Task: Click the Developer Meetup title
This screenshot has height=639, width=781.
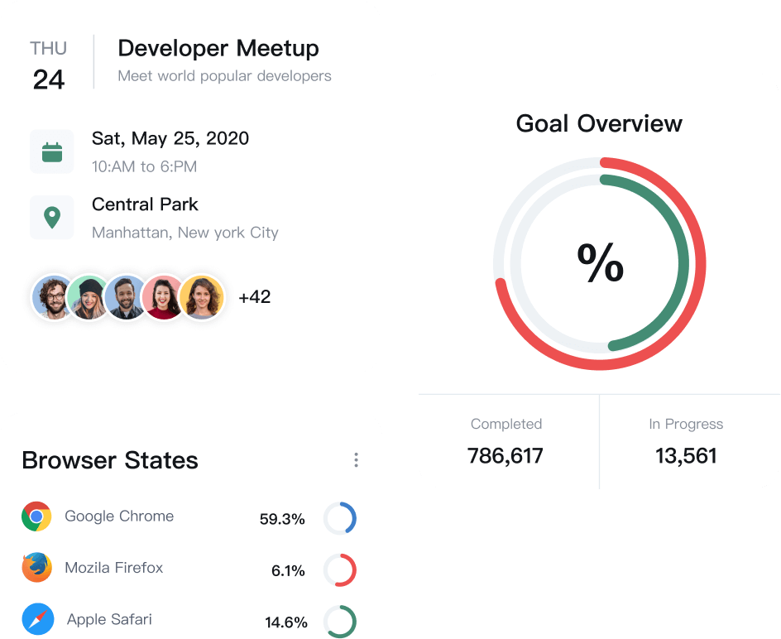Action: pyautogui.click(x=218, y=48)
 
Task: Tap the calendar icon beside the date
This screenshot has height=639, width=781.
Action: pyautogui.click(x=52, y=151)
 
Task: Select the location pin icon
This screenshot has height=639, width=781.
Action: pyautogui.click(x=52, y=218)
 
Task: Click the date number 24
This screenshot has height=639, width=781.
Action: pyautogui.click(x=49, y=79)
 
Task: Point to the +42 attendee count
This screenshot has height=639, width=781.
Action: pyautogui.click(x=255, y=297)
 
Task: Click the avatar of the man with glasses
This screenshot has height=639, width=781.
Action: pyautogui.click(x=53, y=297)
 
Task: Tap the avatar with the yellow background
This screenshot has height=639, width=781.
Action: pyautogui.click(x=202, y=297)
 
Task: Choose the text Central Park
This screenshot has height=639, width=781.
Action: pyautogui.click(x=146, y=204)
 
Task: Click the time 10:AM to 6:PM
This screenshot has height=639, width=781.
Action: pyautogui.click(x=145, y=166)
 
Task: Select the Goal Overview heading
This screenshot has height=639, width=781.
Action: pyautogui.click(x=599, y=123)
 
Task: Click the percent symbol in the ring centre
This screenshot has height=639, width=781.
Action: pyautogui.click(x=600, y=264)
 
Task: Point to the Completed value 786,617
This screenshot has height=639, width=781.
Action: pyautogui.click(x=505, y=455)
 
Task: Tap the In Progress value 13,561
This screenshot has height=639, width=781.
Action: pyautogui.click(x=686, y=455)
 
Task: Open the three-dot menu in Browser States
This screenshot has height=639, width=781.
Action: pyautogui.click(x=356, y=460)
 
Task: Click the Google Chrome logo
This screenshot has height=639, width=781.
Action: pyautogui.click(x=36, y=516)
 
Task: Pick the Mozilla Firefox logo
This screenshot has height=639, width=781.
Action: pyautogui.click(x=36, y=568)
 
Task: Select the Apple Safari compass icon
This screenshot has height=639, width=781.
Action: pyautogui.click(x=38, y=620)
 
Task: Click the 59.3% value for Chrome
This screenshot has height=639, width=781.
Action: pyautogui.click(x=282, y=520)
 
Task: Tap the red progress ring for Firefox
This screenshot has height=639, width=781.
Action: pyautogui.click(x=340, y=570)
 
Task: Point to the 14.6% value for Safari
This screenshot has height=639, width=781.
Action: pyautogui.click(x=286, y=622)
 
